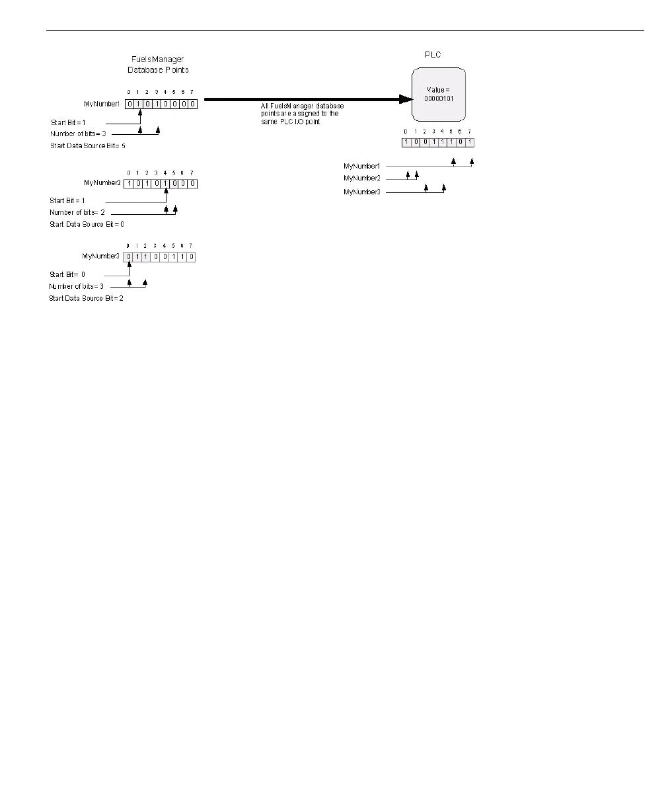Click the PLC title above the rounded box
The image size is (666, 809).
click(x=432, y=55)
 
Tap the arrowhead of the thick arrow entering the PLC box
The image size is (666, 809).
click(x=404, y=99)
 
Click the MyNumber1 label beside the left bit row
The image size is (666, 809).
click(x=106, y=104)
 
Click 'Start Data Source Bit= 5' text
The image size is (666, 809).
click(x=88, y=145)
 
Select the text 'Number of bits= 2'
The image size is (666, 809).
click(x=77, y=212)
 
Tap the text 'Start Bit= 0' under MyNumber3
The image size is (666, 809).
click(x=67, y=274)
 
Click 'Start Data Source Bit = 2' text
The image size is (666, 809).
click(x=86, y=298)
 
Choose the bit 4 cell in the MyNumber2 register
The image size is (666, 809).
click(x=165, y=183)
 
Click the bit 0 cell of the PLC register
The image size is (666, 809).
click(x=406, y=142)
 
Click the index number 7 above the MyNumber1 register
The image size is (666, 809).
click(x=192, y=92)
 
